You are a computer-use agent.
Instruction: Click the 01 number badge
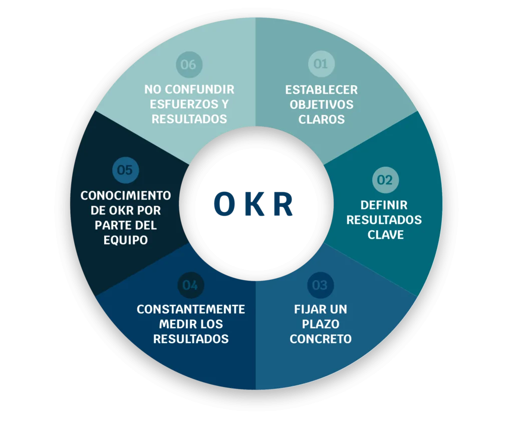tap(321, 64)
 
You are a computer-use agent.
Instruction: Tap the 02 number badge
tap(385, 180)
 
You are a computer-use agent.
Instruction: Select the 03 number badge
tap(320, 285)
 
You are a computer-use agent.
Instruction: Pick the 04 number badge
tap(190, 285)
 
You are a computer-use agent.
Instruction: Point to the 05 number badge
tap(125, 170)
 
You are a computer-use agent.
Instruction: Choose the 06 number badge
tap(189, 64)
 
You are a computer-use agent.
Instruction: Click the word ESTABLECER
tap(322, 90)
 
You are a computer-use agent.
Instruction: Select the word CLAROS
tap(322, 119)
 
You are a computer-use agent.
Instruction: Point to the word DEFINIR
tap(384, 205)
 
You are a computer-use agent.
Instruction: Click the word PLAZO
tap(321, 324)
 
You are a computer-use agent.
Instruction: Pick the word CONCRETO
tap(321, 339)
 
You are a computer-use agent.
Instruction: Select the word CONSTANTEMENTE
tap(191, 309)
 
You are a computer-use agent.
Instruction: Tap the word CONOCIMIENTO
tap(126, 195)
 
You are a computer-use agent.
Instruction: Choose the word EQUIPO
tap(126, 240)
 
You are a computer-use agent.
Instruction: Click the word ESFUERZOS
tap(179, 104)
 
